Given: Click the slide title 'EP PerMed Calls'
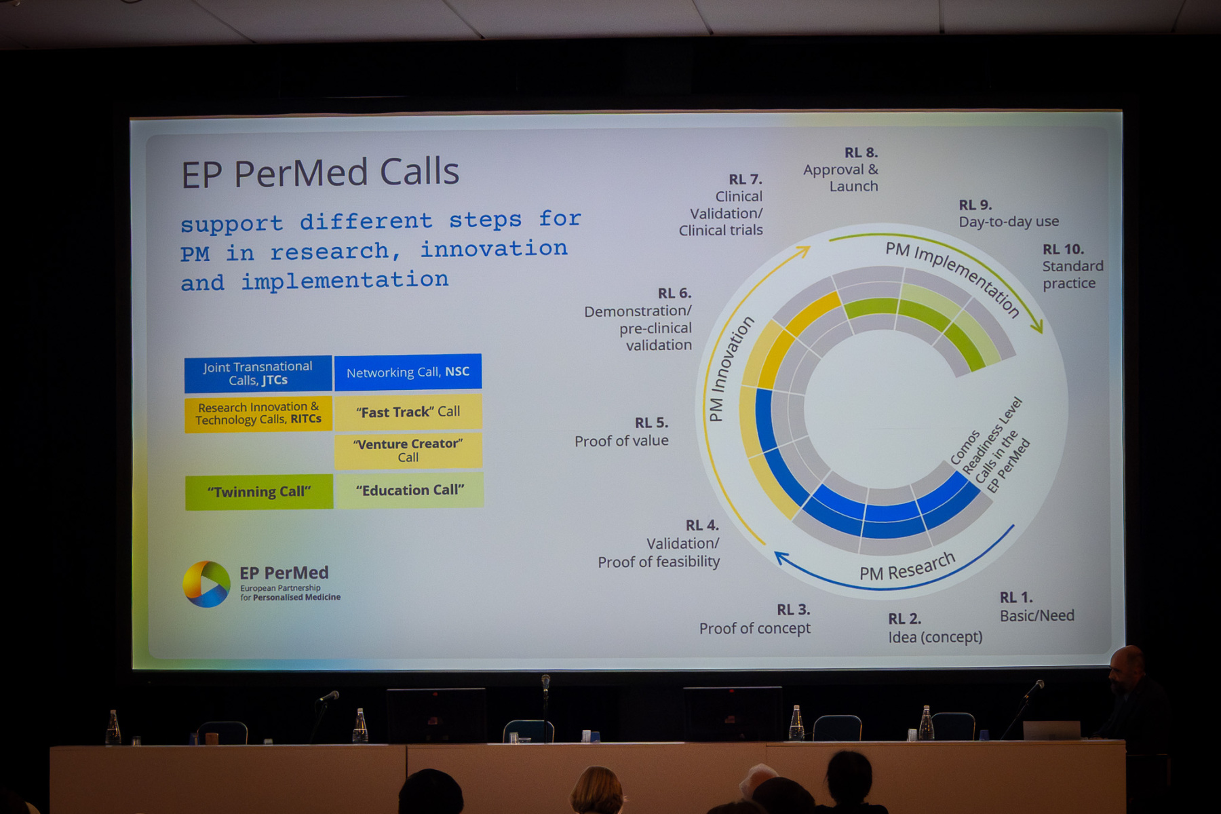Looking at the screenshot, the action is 320,172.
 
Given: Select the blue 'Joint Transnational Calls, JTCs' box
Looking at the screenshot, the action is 258,374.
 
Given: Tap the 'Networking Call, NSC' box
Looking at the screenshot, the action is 408,372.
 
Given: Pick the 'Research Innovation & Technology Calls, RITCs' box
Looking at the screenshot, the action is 258,413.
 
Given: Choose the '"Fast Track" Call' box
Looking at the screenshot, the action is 408,412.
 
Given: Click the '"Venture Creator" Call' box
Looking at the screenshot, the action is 408,450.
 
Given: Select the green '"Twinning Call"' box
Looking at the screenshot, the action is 259,492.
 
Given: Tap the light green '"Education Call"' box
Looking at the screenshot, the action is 410,490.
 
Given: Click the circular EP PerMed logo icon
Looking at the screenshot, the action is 206,584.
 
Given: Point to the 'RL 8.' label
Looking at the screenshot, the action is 861,153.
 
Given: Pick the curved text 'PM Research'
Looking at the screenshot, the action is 908,567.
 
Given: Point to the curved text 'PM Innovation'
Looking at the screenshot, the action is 730,369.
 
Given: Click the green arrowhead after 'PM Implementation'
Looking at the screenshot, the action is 1036,326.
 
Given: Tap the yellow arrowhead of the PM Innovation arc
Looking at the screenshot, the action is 804,252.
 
